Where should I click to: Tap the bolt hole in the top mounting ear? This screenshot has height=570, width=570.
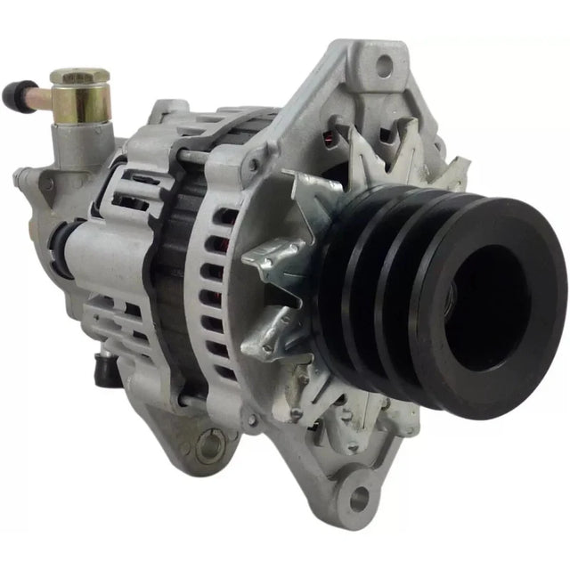pos(385,65)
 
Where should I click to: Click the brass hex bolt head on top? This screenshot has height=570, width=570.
pos(80,77)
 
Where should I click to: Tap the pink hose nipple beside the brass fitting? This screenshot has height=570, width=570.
pos(40,96)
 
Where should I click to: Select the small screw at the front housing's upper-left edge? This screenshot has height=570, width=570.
pos(254,166)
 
